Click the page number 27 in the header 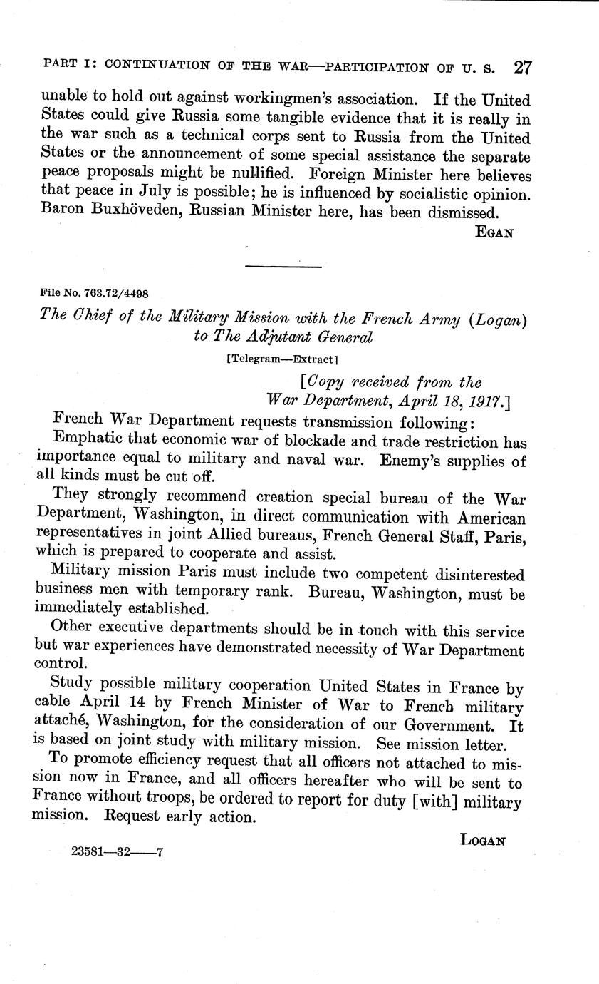[522, 68]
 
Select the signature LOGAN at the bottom [482, 840]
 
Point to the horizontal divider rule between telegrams [283, 267]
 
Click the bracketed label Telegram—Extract [281, 360]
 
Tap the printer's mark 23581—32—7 [118, 851]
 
